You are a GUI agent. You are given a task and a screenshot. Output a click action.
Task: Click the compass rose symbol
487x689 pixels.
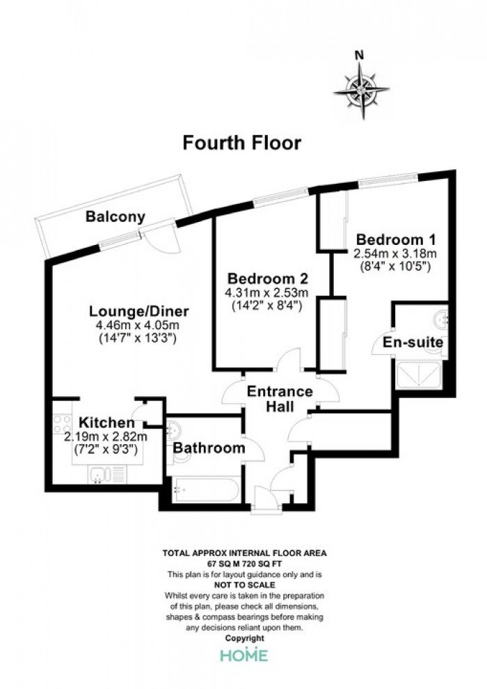[361, 90]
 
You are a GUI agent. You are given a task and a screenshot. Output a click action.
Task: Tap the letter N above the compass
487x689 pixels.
[360, 55]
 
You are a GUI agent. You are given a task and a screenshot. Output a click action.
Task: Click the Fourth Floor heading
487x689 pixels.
[242, 143]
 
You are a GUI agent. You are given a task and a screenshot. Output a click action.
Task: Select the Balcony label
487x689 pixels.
[115, 216]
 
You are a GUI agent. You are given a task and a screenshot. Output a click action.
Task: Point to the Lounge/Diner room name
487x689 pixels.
[138, 311]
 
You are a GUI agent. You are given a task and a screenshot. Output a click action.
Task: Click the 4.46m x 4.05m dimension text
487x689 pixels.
[138, 325]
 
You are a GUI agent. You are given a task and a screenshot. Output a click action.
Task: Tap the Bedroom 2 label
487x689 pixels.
[267, 278]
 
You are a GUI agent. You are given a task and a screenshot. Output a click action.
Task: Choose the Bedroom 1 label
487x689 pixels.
[396, 240]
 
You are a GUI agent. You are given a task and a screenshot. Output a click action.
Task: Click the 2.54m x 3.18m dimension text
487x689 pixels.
[395, 253]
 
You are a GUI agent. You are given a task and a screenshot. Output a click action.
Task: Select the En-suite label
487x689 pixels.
[413, 342]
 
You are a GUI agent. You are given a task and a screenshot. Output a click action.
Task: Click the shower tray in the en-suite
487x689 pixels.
[419, 376]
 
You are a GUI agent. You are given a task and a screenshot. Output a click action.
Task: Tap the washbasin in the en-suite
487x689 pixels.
[440, 319]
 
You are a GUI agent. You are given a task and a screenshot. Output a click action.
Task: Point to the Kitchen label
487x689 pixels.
[106, 422]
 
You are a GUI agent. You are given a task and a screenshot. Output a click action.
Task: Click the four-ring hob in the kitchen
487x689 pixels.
[62, 425]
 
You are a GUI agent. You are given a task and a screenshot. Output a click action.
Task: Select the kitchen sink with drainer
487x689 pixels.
[108, 475]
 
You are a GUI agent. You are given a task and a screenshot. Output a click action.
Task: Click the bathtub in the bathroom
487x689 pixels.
[205, 490]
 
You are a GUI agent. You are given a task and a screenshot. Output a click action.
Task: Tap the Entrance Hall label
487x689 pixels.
[280, 399]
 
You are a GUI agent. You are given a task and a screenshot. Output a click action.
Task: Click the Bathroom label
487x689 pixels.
[209, 448]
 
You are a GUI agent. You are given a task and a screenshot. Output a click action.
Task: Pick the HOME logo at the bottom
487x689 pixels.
[244, 654]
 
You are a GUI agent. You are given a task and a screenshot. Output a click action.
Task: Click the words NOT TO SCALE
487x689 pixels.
[245, 585]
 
